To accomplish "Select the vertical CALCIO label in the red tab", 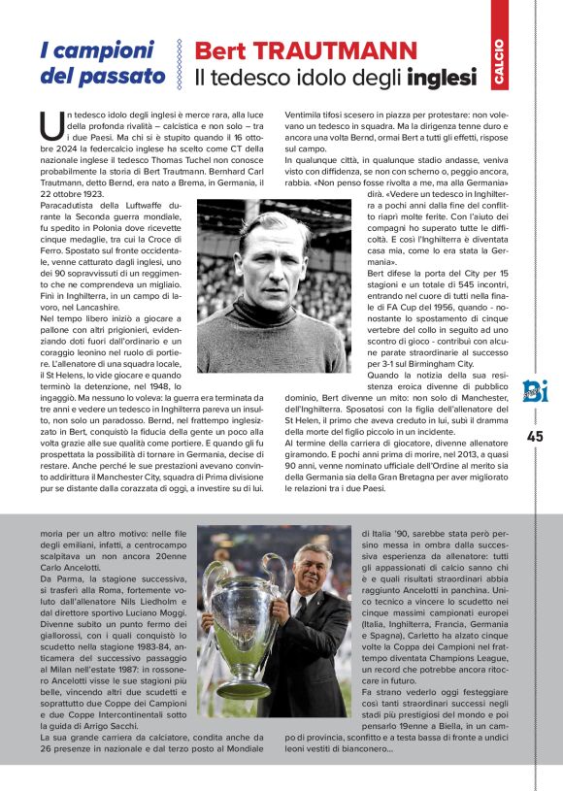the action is click(499, 61).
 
